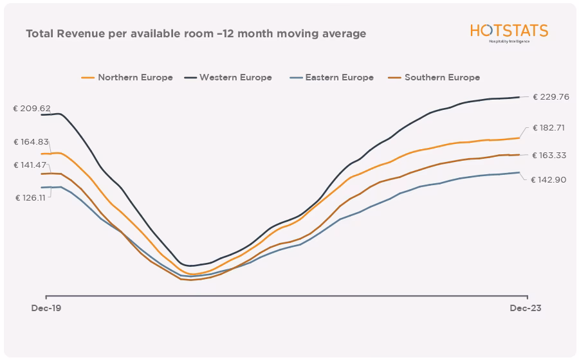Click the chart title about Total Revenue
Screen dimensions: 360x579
[196, 33]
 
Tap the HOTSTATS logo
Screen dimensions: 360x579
[508, 31]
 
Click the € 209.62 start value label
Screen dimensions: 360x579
[32, 109]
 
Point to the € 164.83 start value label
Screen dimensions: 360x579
[32, 142]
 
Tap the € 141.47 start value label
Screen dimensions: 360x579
[32, 165]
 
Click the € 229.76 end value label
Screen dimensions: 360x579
[551, 97]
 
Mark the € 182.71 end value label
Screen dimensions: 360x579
[548, 128]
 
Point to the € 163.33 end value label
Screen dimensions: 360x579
[548, 156]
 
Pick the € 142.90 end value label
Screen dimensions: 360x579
[548, 180]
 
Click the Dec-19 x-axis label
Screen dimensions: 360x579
[46, 309]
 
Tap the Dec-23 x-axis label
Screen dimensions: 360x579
[526, 309]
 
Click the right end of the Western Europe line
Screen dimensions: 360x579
[519, 98]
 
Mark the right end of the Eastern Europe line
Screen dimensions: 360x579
[519, 172]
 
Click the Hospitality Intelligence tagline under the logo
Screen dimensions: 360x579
[509, 42]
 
